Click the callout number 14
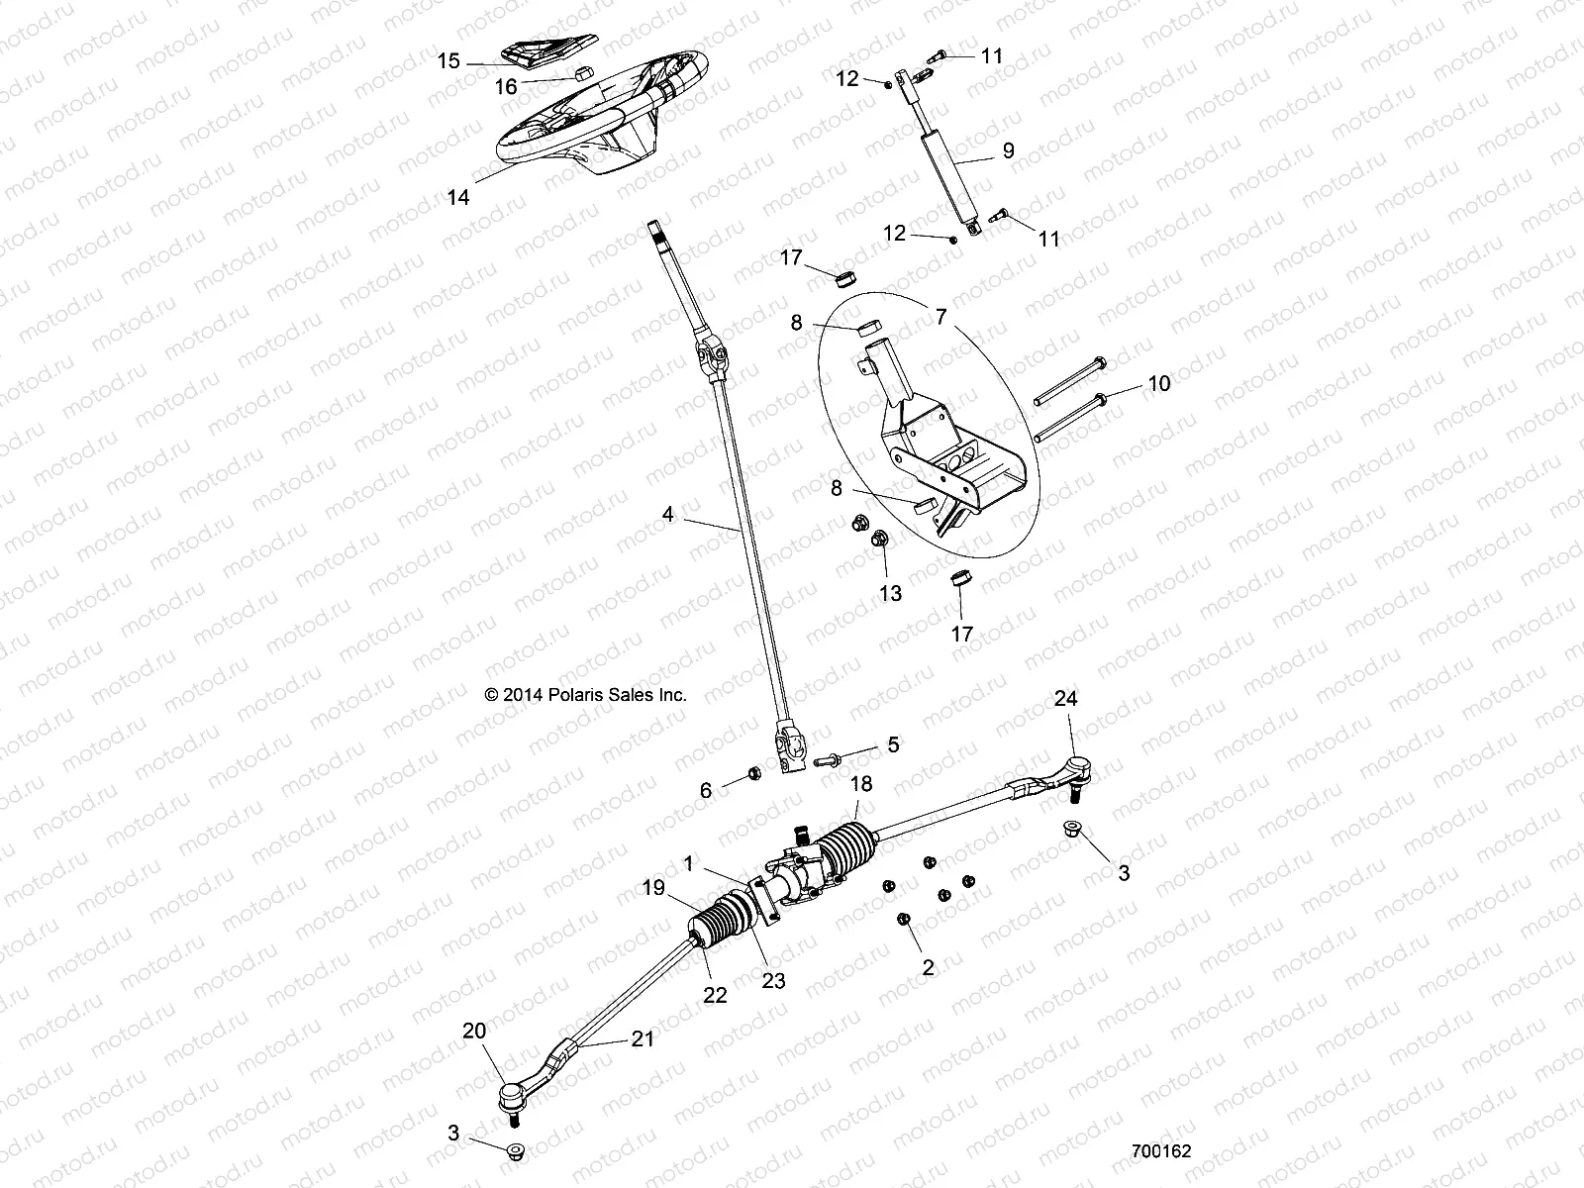[457, 197]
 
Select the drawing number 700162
[1161, 1152]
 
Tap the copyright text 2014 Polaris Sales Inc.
[585, 695]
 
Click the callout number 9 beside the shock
[1008, 150]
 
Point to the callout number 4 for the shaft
[668, 514]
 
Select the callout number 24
[1065, 699]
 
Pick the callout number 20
[474, 1032]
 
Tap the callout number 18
[861, 784]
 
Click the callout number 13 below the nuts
[891, 593]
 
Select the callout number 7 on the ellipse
[940, 317]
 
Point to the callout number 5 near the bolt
[893, 744]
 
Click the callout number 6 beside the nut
[705, 790]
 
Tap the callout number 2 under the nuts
[927, 968]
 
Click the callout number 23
[773, 980]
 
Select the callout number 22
[714, 995]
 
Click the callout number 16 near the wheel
[505, 87]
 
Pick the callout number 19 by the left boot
[652, 889]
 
